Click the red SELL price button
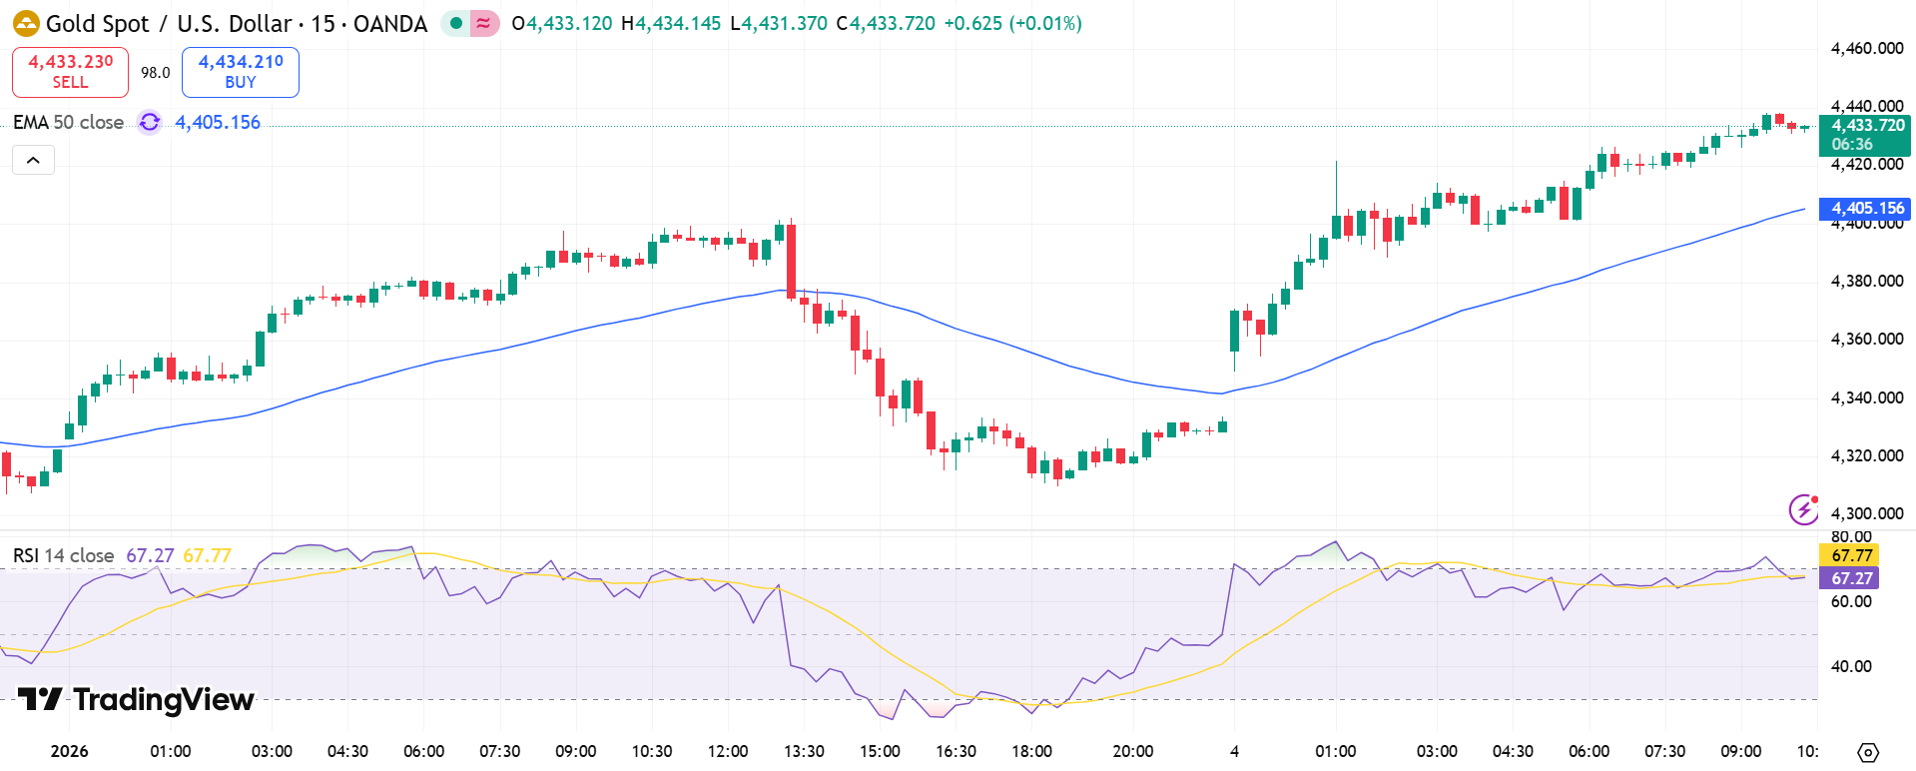click(70, 72)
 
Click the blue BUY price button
click(241, 72)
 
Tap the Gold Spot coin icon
click(26, 23)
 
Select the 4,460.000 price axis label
click(1866, 48)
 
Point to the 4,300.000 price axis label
click(1866, 513)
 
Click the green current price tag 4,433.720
click(1864, 135)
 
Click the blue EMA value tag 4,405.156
click(1864, 209)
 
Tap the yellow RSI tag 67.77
click(1850, 555)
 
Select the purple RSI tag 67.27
click(1850, 578)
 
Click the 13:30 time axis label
click(804, 751)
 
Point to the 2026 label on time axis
click(69, 751)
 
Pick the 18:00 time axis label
click(1031, 751)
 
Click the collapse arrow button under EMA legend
click(33, 160)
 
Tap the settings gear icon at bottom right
click(1868, 752)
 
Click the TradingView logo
click(136, 699)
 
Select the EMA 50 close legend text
click(68, 122)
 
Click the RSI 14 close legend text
click(63, 555)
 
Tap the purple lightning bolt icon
click(1803, 509)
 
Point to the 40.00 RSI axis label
click(1850, 666)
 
